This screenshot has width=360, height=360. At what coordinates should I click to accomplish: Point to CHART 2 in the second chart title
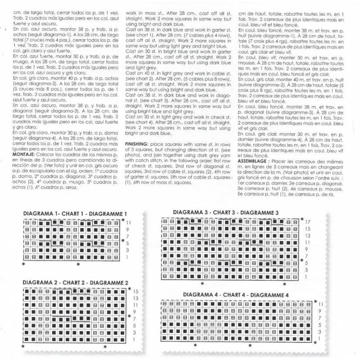point(75,283)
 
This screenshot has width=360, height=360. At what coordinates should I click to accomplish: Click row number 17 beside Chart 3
point(308,222)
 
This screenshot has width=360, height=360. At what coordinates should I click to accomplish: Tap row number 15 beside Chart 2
point(135,292)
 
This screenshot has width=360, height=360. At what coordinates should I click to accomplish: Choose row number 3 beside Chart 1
point(128,250)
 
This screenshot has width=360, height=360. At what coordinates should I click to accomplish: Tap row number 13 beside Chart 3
point(308,235)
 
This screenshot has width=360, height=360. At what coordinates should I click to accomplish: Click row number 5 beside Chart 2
point(134,325)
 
